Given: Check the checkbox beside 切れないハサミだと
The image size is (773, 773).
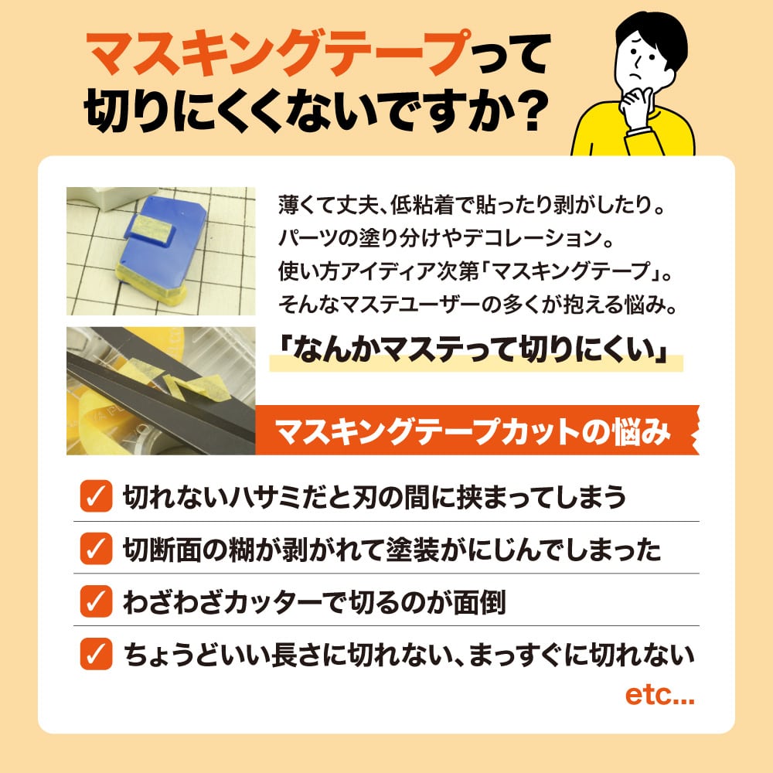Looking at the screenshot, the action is tap(96, 496).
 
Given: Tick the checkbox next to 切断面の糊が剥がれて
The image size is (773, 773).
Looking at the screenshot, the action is tap(96, 548).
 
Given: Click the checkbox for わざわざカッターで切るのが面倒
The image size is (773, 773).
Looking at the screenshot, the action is tap(96, 601).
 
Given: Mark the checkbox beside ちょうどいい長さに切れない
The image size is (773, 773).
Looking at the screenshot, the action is tap(96, 654).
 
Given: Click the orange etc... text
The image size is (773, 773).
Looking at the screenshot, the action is tap(659, 695).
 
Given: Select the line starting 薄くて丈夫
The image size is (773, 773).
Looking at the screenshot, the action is tap(472, 205).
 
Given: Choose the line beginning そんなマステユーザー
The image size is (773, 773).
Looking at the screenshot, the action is tap(478, 305).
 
